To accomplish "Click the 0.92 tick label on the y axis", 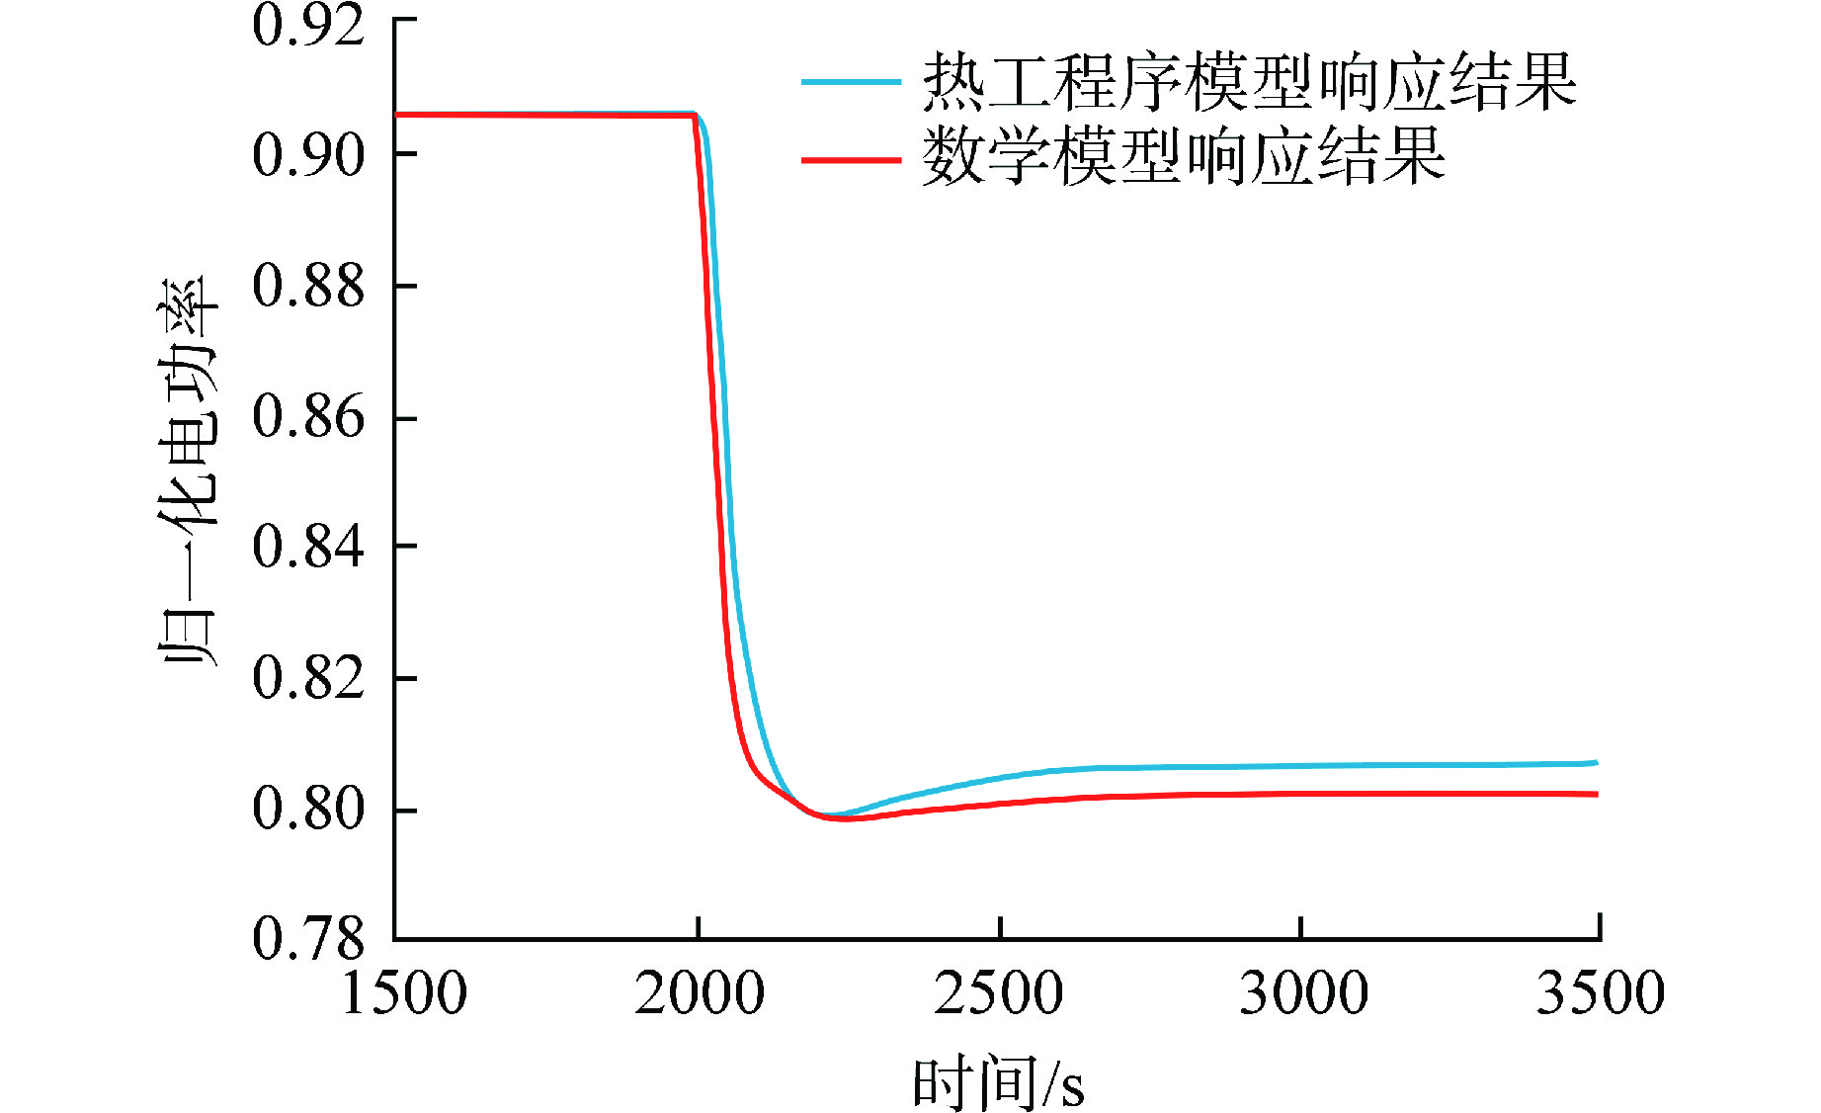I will click(308, 26).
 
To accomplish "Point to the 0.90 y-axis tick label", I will click(308, 155).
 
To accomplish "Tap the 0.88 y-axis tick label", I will click(308, 286).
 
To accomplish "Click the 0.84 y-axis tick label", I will click(308, 547).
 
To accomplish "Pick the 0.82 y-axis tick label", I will click(308, 678).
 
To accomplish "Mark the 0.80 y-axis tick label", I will click(308, 809).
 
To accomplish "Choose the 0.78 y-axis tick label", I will click(308, 938).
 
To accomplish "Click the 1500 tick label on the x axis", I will click(404, 993).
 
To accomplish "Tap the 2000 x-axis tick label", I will click(700, 993).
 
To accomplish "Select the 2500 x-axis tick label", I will click(999, 993).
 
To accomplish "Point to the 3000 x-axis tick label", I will click(1303, 993).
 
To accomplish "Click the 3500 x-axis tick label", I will click(1600, 993).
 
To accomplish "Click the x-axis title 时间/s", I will click(998, 1083).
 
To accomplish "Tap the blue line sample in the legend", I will click(851, 82).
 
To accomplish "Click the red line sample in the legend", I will click(851, 158).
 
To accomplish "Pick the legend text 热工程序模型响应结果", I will click(1249, 82).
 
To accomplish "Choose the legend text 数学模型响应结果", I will click(1184, 158).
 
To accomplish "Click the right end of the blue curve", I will click(1596, 763).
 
